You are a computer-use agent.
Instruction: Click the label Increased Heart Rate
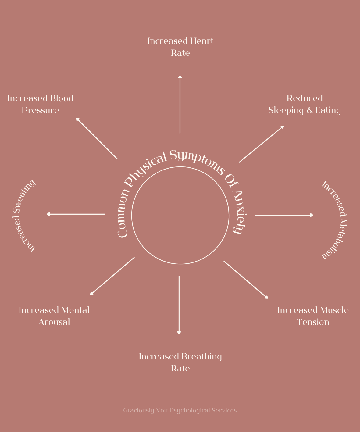(x=180, y=47)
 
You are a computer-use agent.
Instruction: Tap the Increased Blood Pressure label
(x=40, y=104)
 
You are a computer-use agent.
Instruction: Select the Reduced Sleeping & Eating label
(x=305, y=104)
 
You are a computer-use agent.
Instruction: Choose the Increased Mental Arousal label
(x=54, y=316)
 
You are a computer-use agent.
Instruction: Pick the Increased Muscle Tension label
(x=313, y=316)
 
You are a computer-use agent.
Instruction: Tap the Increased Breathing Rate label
(x=180, y=362)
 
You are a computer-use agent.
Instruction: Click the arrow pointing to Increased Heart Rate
(x=180, y=104)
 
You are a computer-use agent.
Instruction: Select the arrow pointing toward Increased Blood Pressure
(x=97, y=138)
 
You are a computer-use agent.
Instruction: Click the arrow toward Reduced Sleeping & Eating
(x=262, y=144)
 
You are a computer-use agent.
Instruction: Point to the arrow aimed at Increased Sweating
(x=76, y=214)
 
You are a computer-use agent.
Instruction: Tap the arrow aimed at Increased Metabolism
(x=284, y=215)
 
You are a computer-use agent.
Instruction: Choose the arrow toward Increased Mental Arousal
(x=112, y=276)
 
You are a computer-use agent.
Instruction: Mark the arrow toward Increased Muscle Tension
(x=246, y=280)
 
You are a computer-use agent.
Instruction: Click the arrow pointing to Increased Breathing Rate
(x=179, y=305)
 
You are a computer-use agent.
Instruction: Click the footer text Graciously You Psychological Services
(x=180, y=410)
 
